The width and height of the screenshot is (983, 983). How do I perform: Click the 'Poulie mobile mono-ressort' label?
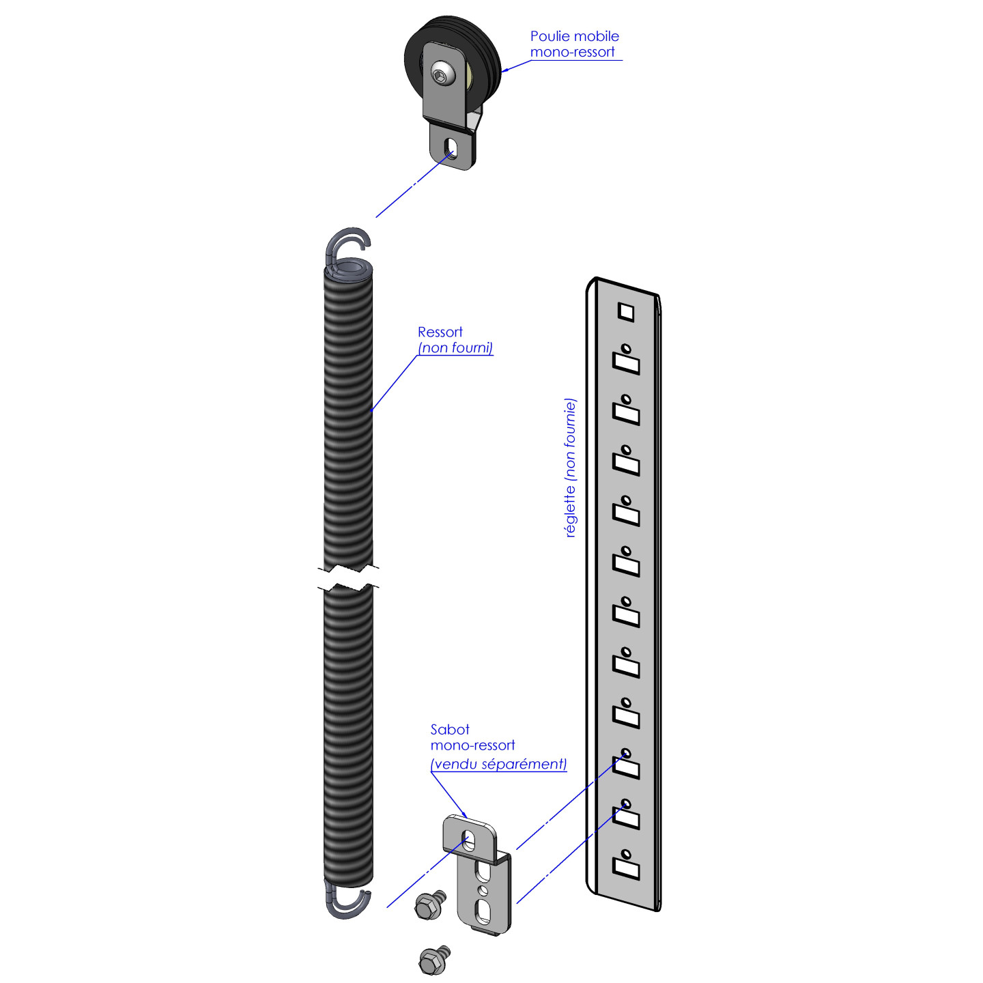click(x=574, y=44)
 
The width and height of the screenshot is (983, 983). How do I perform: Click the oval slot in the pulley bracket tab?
click(x=451, y=146)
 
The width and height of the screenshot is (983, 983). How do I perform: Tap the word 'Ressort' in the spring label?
click(x=440, y=332)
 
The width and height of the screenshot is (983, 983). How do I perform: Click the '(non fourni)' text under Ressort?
click(x=455, y=348)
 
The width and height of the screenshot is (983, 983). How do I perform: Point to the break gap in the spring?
click(x=348, y=578)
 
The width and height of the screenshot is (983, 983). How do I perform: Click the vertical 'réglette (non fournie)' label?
click(x=571, y=468)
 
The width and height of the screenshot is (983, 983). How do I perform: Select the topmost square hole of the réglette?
click(x=625, y=312)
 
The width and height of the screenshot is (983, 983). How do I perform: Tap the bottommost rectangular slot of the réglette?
click(x=626, y=868)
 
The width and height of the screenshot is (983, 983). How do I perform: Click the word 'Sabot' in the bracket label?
click(x=450, y=730)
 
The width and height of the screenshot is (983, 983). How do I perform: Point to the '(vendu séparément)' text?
click(x=499, y=765)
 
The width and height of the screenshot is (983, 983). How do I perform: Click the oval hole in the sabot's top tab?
click(x=469, y=840)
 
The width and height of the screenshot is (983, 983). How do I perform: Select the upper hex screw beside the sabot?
click(x=429, y=905)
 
